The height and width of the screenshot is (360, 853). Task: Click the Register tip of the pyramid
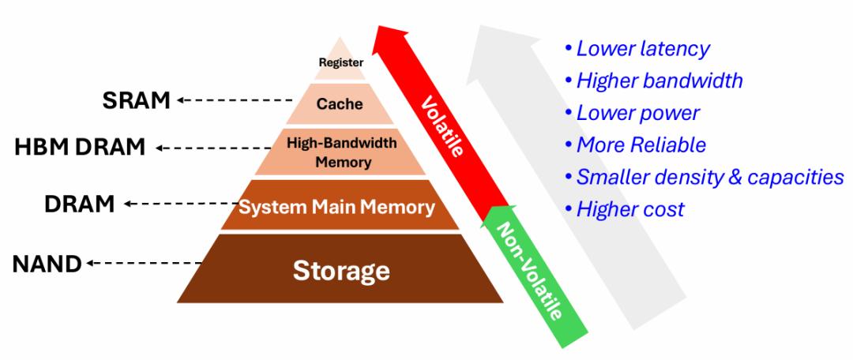[x=340, y=61]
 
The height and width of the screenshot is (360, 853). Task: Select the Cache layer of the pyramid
[x=340, y=103]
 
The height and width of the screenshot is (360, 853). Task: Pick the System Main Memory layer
[x=337, y=208]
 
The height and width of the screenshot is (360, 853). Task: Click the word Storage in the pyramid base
[x=341, y=270]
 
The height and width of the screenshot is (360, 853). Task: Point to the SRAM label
[x=137, y=100]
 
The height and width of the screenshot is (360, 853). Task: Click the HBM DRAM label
[x=81, y=147]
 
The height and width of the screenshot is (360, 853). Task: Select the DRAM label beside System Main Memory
[x=79, y=204]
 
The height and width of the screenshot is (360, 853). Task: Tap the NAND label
[x=47, y=263]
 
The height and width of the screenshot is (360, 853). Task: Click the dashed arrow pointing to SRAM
[x=234, y=100]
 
